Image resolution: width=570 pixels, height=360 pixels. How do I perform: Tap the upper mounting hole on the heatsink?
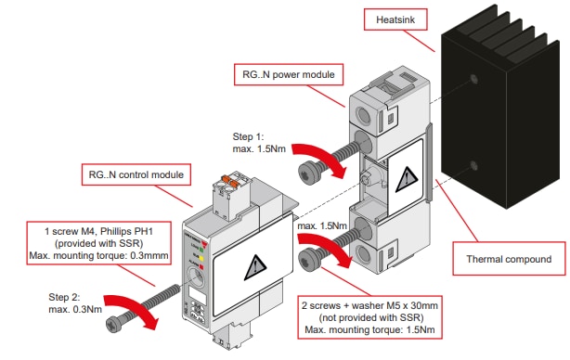(x=475, y=81)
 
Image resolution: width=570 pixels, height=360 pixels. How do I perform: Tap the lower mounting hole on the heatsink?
(x=475, y=166)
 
